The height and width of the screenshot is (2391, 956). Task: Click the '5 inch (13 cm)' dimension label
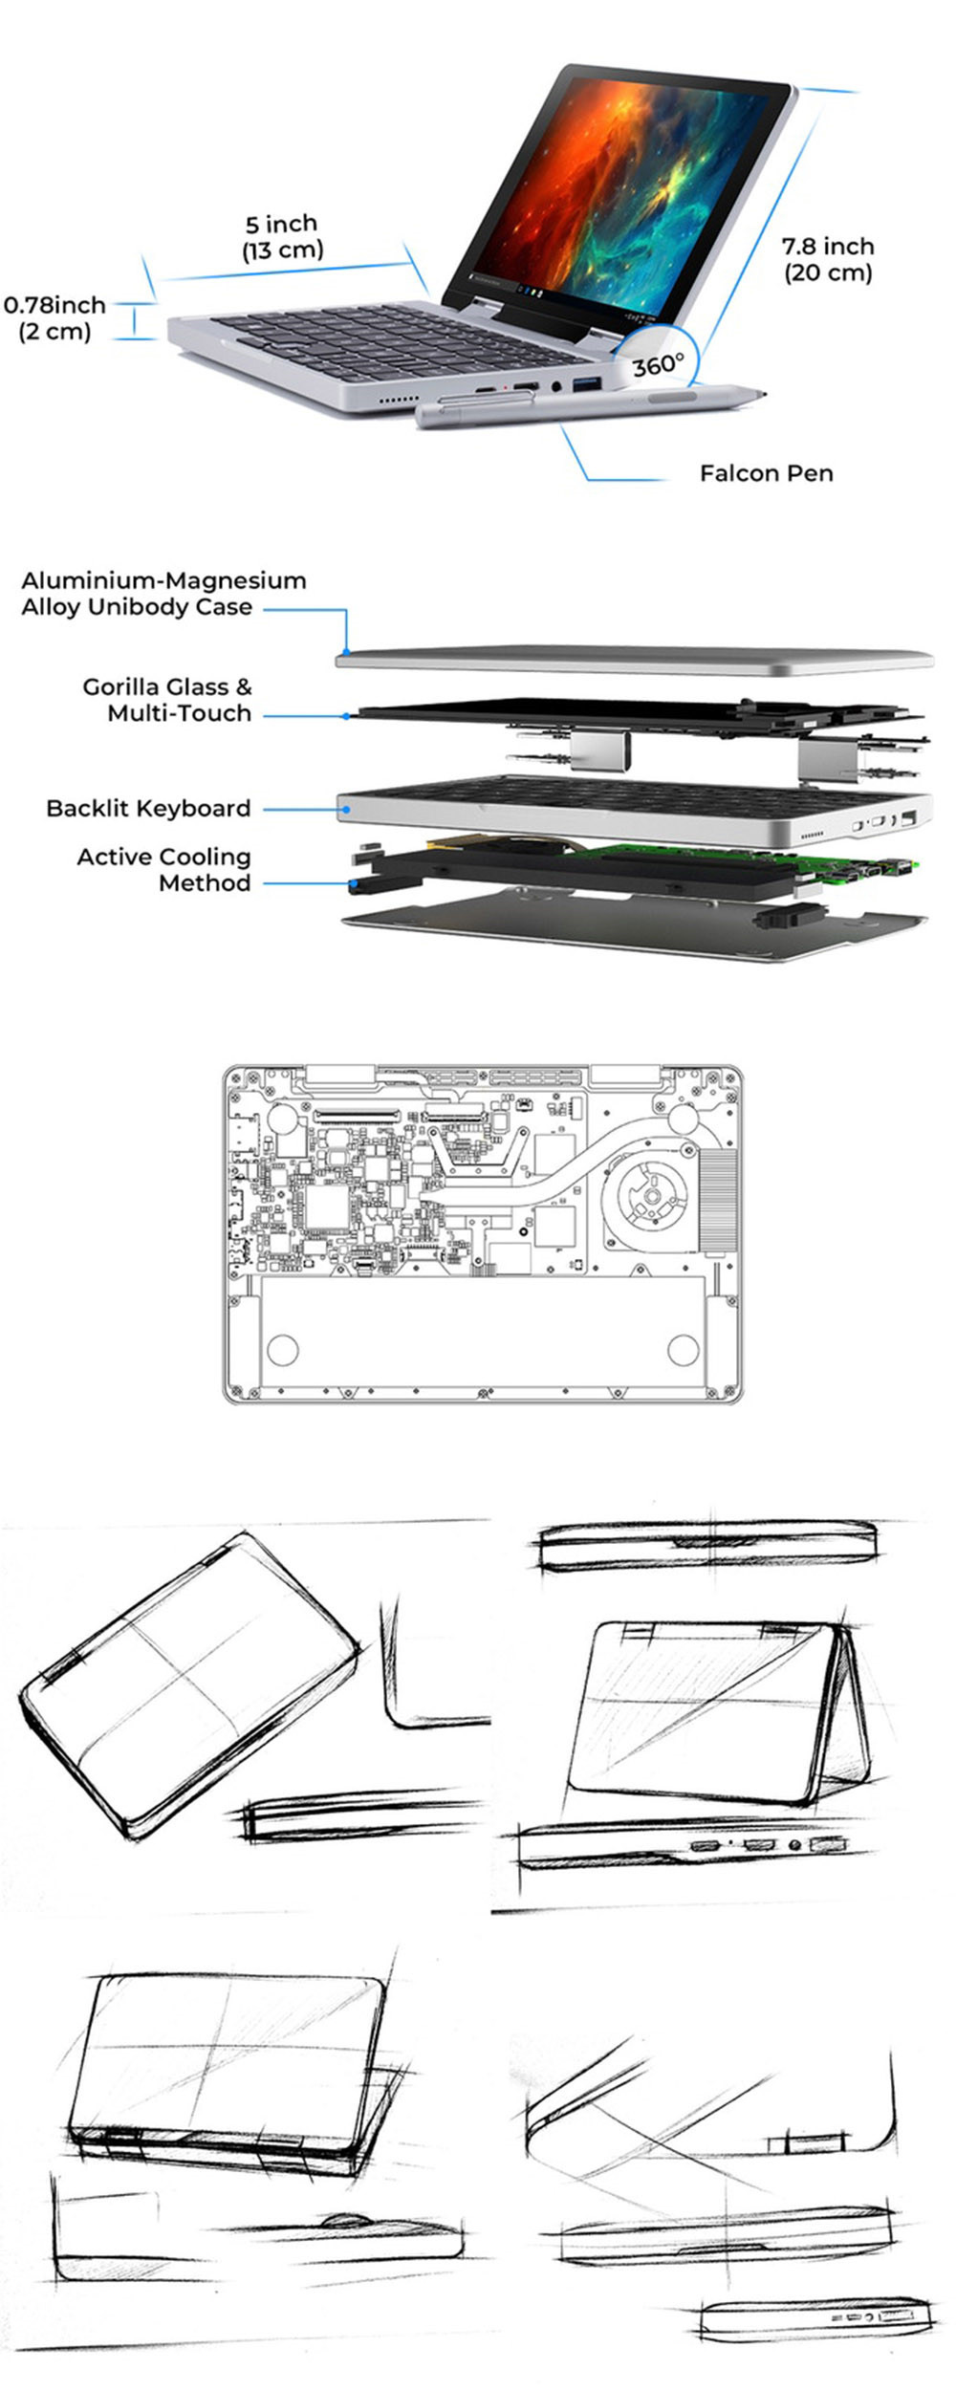click(282, 237)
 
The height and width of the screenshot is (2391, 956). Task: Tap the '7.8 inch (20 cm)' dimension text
click(828, 259)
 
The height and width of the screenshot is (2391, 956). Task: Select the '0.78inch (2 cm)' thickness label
click(54, 318)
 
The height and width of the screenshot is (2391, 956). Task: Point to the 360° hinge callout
click(658, 364)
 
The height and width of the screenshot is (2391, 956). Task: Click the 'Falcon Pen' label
click(766, 473)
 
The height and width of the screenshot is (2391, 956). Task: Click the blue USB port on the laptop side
click(585, 383)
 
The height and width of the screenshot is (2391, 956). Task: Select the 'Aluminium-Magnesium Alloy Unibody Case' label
click(163, 594)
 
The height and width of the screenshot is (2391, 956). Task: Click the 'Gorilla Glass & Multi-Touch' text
click(168, 700)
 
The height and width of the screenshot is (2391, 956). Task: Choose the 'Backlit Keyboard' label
click(148, 808)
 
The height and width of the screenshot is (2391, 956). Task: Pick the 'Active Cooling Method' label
click(164, 869)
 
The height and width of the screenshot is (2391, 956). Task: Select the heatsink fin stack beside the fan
click(718, 1201)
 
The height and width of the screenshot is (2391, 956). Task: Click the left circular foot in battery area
click(283, 1349)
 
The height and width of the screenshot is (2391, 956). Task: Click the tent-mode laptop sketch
click(717, 1712)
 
